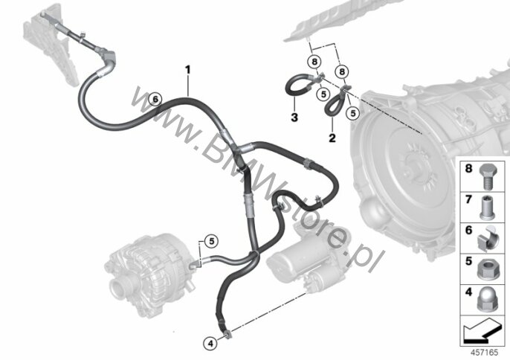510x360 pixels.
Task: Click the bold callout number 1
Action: [x=187, y=70]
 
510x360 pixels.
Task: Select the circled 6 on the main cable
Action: [x=155, y=99]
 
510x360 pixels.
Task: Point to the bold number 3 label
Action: [x=294, y=118]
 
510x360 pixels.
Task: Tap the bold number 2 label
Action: [x=332, y=138]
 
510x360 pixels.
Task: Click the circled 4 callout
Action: [x=210, y=343]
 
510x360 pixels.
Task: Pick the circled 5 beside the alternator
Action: [x=212, y=242]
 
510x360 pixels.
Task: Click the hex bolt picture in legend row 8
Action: [x=488, y=176]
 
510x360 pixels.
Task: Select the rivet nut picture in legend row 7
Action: [x=488, y=208]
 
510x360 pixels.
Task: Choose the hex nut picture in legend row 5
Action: [x=488, y=270]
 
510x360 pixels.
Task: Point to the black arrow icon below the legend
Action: [x=482, y=331]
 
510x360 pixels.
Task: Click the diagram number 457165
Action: [x=485, y=352]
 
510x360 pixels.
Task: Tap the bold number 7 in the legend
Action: [x=468, y=199]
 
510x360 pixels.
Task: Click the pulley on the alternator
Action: [x=119, y=289]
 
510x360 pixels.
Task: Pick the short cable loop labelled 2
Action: [x=336, y=101]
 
